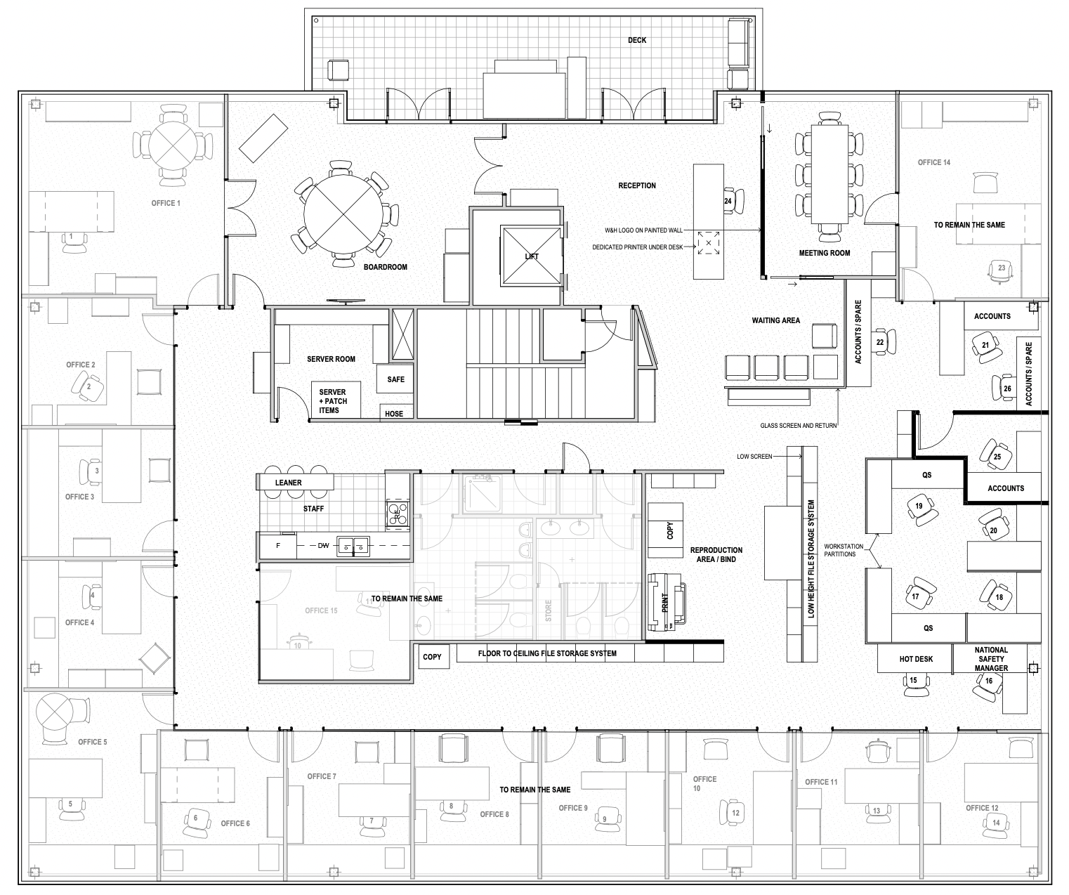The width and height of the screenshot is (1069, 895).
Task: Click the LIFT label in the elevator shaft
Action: pyautogui.click(x=532, y=256)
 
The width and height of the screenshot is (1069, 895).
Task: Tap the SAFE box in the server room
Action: pyautogui.click(x=395, y=379)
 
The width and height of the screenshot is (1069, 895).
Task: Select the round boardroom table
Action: pyautogui.click(x=343, y=214)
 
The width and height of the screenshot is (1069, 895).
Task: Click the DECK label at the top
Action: pyautogui.click(x=637, y=40)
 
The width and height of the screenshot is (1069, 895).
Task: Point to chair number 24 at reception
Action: pyautogui.click(x=733, y=201)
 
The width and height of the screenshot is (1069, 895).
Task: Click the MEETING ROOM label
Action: pyautogui.click(x=825, y=253)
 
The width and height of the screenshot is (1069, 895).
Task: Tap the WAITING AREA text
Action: pyautogui.click(x=775, y=320)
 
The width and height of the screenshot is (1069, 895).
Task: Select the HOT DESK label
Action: pyautogui.click(x=916, y=659)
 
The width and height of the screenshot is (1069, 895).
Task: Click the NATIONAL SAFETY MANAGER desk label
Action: pyautogui.click(x=991, y=659)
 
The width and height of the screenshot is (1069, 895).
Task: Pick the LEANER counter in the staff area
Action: pyautogui.click(x=295, y=483)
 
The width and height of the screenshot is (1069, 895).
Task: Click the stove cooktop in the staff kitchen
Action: pyautogui.click(x=398, y=514)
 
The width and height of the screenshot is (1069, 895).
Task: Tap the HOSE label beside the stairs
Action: pyautogui.click(x=394, y=414)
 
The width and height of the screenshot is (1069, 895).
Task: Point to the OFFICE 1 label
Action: pyautogui.click(x=166, y=203)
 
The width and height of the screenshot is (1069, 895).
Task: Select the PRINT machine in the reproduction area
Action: pyautogui.click(x=667, y=602)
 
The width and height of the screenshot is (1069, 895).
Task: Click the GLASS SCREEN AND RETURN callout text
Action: pyautogui.click(x=798, y=426)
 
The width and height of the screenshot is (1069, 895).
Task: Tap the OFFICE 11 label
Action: pyautogui.click(x=821, y=782)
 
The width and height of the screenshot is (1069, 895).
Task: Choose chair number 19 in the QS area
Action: pyautogui.click(x=921, y=509)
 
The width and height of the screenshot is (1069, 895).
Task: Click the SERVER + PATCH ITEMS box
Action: pyautogui.click(x=336, y=400)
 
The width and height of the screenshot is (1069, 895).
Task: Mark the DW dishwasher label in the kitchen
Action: pyautogui.click(x=323, y=546)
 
